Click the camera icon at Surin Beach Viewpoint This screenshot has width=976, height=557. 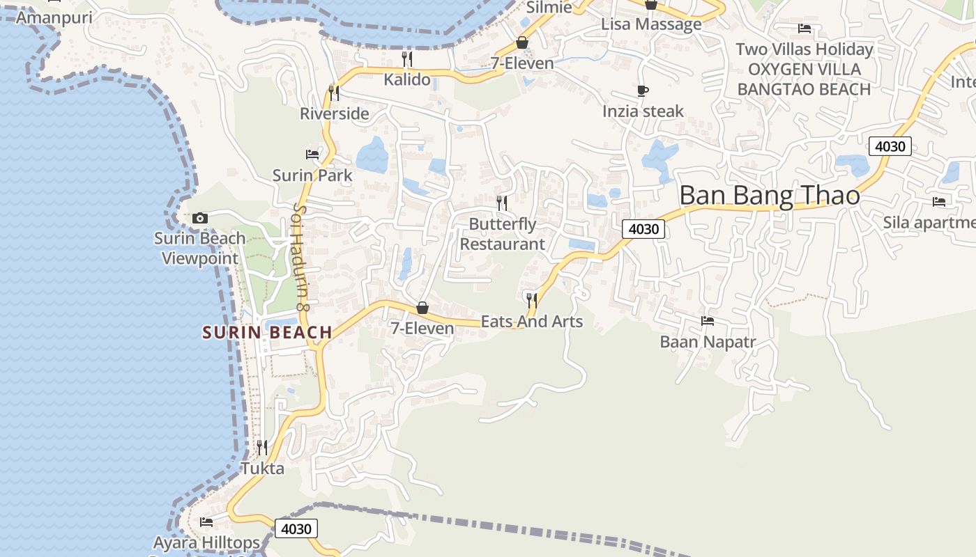pos(200,219)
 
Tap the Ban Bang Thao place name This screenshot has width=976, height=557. pos(770,196)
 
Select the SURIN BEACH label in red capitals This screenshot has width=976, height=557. pos(267,333)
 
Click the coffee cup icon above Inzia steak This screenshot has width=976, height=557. pos(643,91)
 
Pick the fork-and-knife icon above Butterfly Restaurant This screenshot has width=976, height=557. pos(502,203)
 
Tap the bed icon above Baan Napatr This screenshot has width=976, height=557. pos(708,321)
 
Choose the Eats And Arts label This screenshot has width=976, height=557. pos(532,322)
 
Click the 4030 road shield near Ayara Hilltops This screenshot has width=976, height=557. pos(296,528)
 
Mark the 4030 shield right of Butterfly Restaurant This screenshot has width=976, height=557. pos(643,229)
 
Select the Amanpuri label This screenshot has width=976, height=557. pos(54,17)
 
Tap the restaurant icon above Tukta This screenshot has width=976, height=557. pos(262,447)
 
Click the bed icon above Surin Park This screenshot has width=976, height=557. pos(312,154)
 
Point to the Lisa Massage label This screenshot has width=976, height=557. pos(651,24)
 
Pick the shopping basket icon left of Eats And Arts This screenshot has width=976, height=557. pos(422,308)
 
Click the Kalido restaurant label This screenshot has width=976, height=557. pos(407,79)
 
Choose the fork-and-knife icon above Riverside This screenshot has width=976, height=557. pos(334,92)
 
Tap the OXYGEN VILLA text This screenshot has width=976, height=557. pos(804,70)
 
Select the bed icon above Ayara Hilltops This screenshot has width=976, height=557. pos(206,521)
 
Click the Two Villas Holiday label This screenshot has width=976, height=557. pos(804,49)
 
